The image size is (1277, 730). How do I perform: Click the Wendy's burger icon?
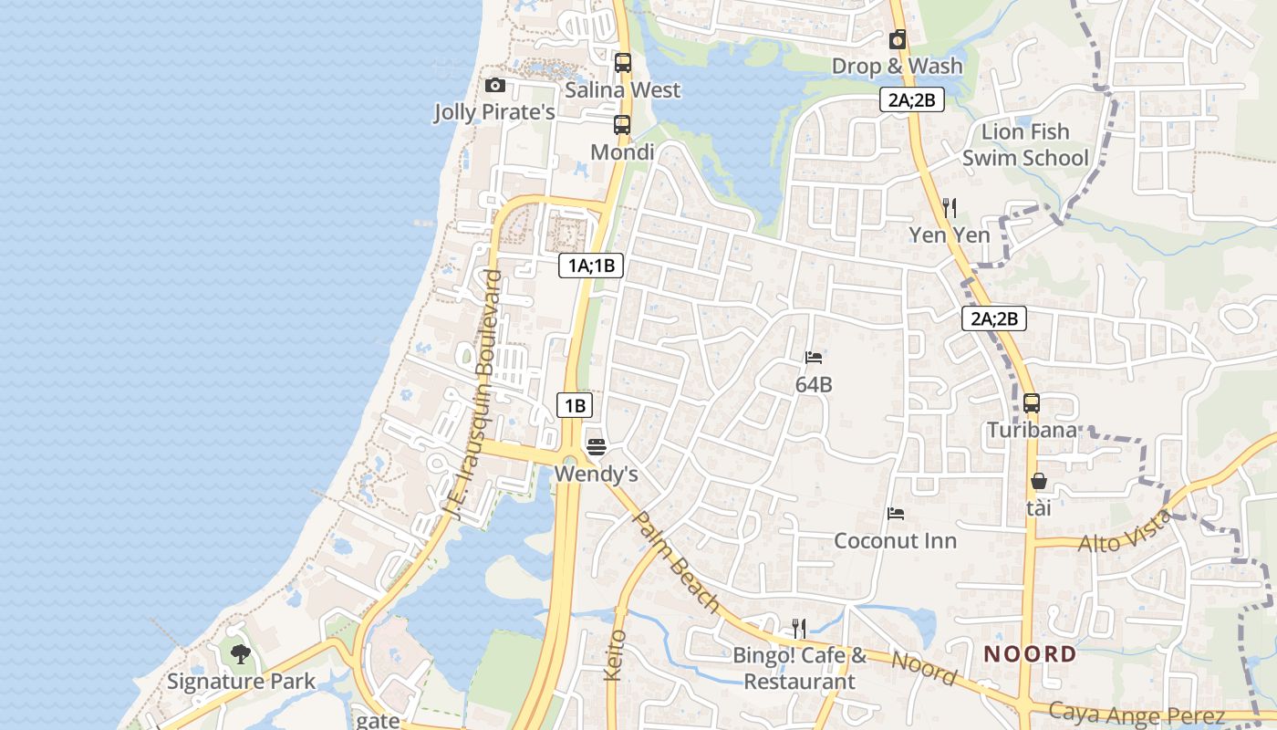pyautogui.click(x=597, y=446)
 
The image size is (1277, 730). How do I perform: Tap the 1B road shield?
pyautogui.click(x=574, y=406)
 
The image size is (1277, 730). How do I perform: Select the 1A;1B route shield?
pyautogui.click(x=590, y=266)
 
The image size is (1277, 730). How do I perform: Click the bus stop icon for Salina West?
pyautogui.click(x=623, y=63)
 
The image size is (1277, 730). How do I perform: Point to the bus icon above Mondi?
pyautogui.click(x=622, y=125)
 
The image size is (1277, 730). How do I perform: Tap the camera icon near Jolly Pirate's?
pyautogui.click(x=495, y=85)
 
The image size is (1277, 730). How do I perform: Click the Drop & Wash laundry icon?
pyautogui.click(x=898, y=39)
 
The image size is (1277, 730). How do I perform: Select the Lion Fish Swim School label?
pyautogui.click(x=1025, y=145)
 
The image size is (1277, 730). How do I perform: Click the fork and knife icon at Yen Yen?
pyautogui.click(x=950, y=207)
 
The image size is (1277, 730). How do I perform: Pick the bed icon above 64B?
pyautogui.click(x=814, y=358)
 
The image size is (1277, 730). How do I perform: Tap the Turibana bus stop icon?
pyautogui.click(x=1032, y=402)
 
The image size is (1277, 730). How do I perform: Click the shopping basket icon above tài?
pyautogui.click(x=1038, y=481)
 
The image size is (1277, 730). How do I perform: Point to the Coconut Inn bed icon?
pyautogui.click(x=896, y=514)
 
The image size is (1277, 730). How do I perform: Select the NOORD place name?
pyautogui.click(x=1030, y=654)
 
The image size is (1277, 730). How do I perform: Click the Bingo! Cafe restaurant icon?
pyautogui.click(x=799, y=628)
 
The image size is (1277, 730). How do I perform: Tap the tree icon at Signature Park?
pyautogui.click(x=241, y=653)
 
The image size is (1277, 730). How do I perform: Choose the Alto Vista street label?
pyautogui.click(x=1125, y=532)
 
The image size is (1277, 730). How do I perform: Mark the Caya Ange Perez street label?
pyautogui.click(x=1136, y=713)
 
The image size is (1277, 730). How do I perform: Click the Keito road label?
pyautogui.click(x=615, y=654)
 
